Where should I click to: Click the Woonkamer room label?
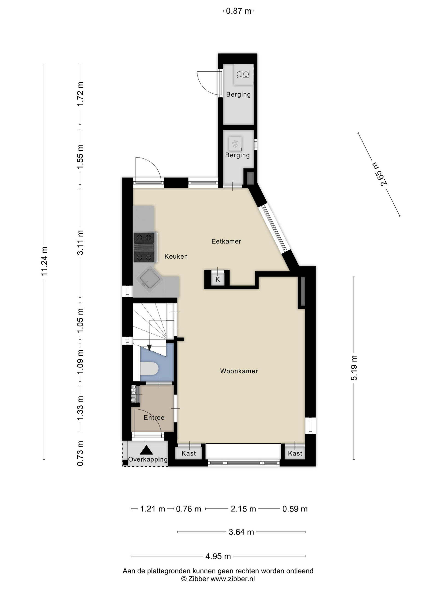239,371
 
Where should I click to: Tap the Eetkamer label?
226,241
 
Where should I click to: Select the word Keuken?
176,257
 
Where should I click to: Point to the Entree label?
154,417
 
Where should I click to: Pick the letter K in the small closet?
218,279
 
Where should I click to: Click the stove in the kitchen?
144,247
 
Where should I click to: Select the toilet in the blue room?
149,369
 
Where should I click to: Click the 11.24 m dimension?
44,261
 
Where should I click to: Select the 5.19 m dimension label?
354,368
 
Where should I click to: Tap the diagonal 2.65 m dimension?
379,174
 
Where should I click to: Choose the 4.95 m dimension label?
218,556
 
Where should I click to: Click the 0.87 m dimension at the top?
238,11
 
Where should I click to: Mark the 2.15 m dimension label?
243,509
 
